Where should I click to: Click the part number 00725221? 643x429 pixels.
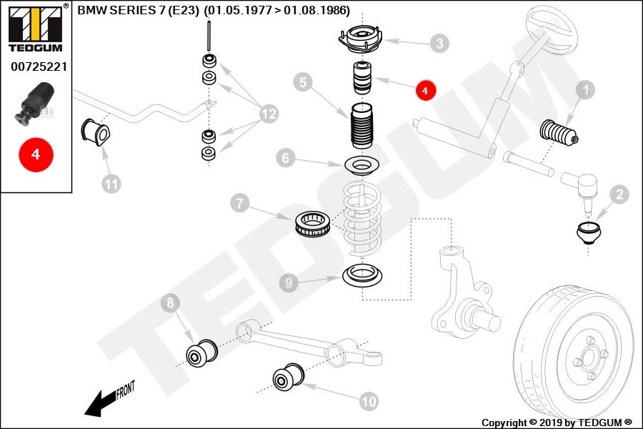pos(39,66)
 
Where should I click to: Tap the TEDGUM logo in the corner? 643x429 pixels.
pos(36,28)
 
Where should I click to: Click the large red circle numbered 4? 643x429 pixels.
pos(36,154)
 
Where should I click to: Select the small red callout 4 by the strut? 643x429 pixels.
pos(425,90)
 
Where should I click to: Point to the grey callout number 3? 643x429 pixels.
pos(439,44)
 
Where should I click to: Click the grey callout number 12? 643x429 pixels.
pos(269,113)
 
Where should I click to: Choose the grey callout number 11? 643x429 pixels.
pos(111,184)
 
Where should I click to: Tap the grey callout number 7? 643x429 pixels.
pos(240,203)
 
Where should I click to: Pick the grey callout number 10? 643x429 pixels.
pos(369,402)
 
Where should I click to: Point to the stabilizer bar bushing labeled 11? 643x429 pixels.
pos(96,132)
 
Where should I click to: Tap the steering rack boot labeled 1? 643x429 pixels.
pos(559,134)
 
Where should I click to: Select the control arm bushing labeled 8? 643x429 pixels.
pos(201,353)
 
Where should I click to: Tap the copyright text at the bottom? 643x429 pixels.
pos(557,423)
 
